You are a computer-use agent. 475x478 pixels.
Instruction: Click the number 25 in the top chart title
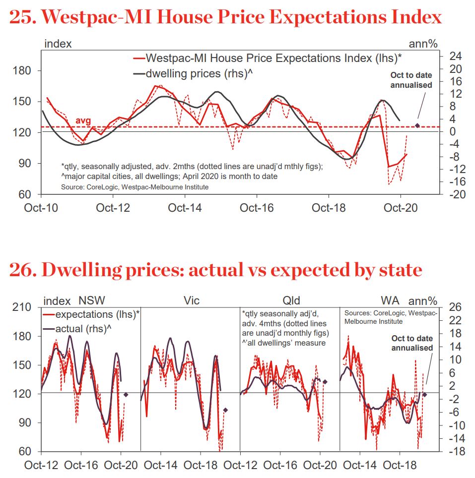[x=21, y=17]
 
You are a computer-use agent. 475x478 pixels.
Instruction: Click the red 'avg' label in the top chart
[x=83, y=121]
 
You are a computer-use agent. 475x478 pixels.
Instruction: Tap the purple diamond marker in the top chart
[x=417, y=125]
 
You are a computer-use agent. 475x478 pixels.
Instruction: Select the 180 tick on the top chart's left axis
[x=22, y=71]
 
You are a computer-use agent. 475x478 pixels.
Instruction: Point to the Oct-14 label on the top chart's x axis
[x=185, y=207]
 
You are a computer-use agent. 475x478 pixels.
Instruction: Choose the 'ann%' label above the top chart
[x=423, y=44]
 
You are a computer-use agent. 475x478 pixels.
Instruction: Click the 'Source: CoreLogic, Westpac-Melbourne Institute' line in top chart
[x=135, y=187]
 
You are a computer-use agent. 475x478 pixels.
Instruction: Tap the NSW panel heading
[x=92, y=300]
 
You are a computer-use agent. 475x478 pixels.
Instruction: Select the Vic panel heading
[x=191, y=300]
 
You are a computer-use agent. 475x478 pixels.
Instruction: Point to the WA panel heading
[x=390, y=300]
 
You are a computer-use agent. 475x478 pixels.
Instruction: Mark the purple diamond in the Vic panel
[x=225, y=410]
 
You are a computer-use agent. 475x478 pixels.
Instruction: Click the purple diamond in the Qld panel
[x=325, y=382]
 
